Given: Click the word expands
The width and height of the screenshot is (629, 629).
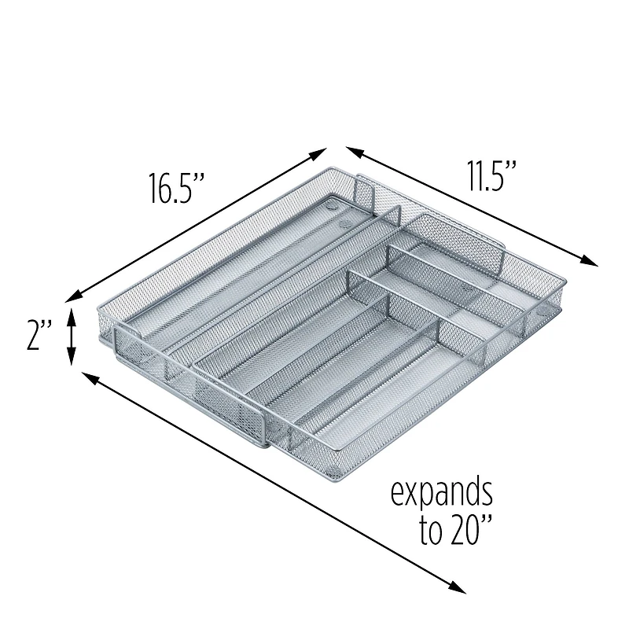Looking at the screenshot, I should (442, 495).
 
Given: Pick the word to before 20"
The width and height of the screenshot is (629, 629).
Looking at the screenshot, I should (432, 533).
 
